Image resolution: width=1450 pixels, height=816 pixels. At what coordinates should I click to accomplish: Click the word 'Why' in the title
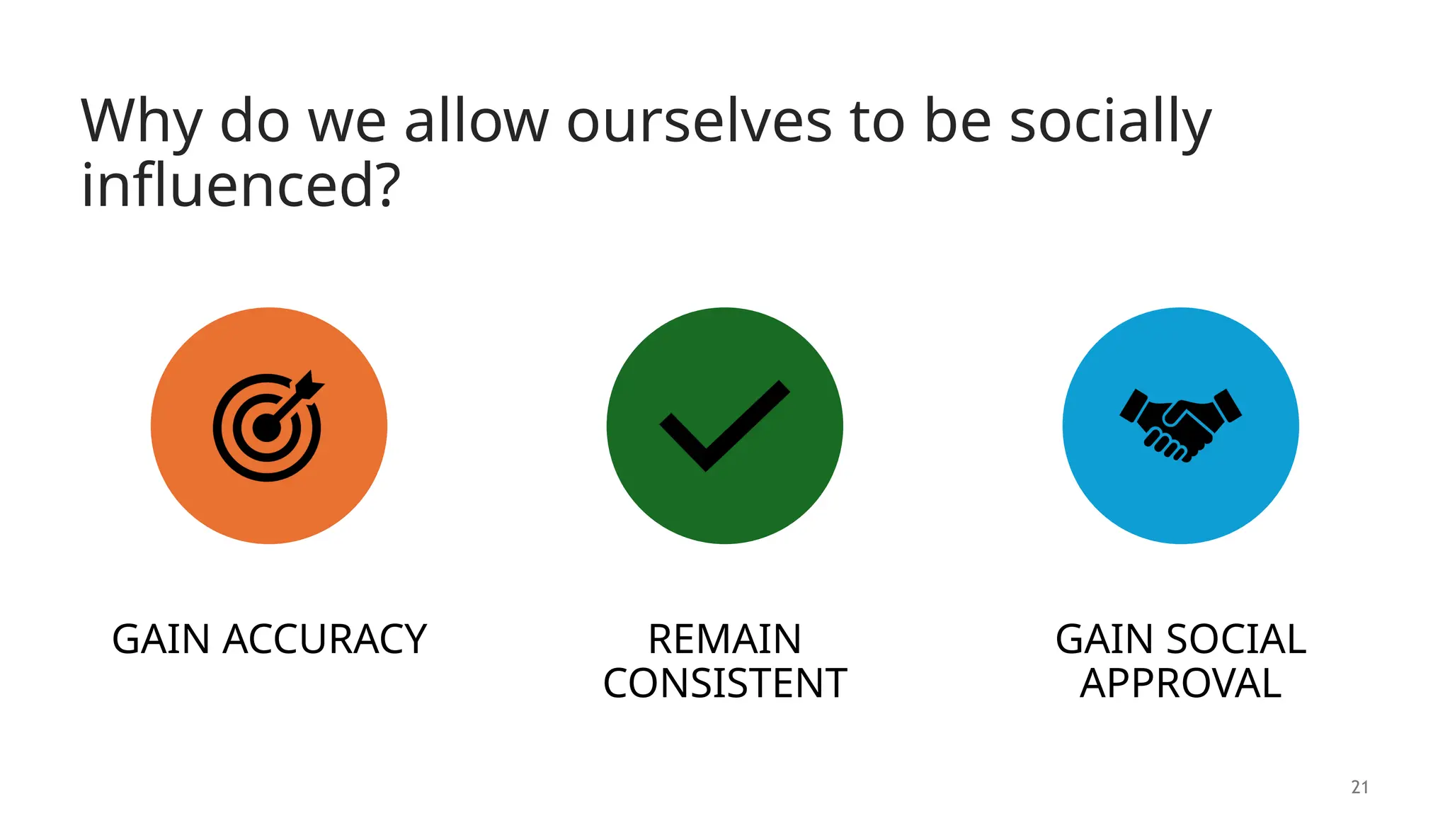pyautogui.click(x=141, y=122)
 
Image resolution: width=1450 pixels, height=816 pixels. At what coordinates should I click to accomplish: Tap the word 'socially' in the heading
pyautogui.click(x=1110, y=122)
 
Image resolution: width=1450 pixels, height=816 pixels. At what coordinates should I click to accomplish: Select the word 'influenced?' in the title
pyautogui.click(x=241, y=186)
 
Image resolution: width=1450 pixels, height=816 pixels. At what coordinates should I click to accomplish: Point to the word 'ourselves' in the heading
pyautogui.click(x=699, y=122)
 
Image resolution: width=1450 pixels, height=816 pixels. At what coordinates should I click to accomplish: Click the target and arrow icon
pyautogui.click(x=268, y=426)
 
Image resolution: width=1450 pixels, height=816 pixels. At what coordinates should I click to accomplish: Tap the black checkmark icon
pyautogui.click(x=724, y=426)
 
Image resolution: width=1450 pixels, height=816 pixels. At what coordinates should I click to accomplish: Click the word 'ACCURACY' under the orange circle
pyautogui.click(x=325, y=640)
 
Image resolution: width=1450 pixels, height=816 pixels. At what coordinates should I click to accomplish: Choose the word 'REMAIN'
pyautogui.click(x=724, y=640)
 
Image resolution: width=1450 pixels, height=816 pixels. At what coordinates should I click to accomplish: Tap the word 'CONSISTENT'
pyautogui.click(x=724, y=684)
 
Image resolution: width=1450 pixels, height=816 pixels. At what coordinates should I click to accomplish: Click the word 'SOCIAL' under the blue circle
pyautogui.click(x=1235, y=640)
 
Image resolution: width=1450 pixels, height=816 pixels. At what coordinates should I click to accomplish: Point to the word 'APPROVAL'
pyautogui.click(x=1180, y=684)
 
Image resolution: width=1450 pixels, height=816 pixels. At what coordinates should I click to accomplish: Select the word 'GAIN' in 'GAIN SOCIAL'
pyautogui.click(x=1104, y=640)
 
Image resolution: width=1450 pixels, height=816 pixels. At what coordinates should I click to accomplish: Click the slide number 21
pyautogui.click(x=1359, y=787)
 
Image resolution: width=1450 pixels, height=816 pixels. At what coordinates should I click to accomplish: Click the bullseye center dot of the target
pyautogui.click(x=267, y=428)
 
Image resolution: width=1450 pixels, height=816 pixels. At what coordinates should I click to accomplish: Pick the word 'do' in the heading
pyautogui.click(x=255, y=122)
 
